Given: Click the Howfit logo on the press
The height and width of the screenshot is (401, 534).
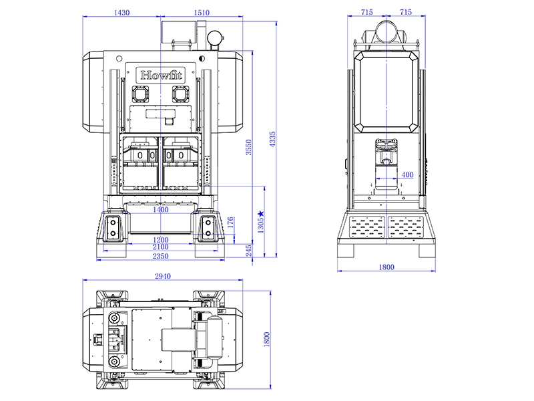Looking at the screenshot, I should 160,73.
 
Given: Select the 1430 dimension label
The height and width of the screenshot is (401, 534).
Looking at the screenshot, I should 121,13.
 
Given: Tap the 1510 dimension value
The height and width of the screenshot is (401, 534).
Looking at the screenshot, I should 201,13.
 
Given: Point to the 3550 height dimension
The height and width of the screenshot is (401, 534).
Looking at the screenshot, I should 248,147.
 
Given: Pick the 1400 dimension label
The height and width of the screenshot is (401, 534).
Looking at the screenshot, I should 160,209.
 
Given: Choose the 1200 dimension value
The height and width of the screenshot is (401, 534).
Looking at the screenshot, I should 160,239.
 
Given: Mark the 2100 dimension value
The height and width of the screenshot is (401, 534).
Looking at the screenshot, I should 160,247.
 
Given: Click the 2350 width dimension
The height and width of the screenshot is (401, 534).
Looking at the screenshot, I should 160,256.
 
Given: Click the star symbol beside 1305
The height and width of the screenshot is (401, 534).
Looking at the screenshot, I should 261,214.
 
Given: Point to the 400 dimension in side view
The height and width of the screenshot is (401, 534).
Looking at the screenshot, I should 407,174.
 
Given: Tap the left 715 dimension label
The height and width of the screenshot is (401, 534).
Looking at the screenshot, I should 366,13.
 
